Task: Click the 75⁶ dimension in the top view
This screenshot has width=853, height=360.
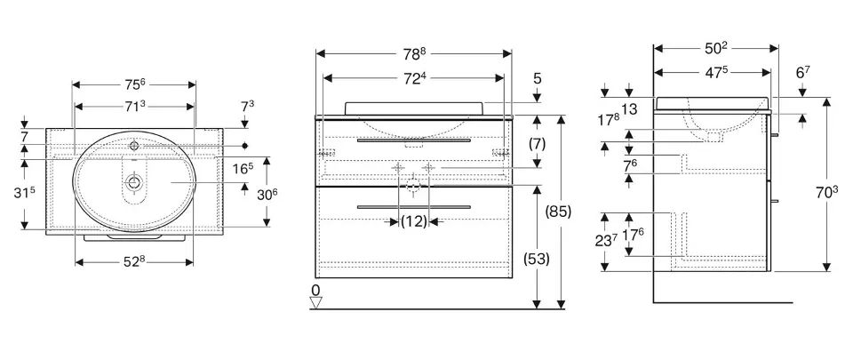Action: click(x=134, y=85)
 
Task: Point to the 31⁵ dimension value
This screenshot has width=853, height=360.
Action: click(x=34, y=193)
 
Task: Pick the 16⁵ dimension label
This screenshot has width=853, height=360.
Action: click(x=243, y=167)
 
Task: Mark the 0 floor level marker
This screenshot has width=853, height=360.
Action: click(x=316, y=290)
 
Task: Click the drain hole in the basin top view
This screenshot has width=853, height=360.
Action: click(x=134, y=181)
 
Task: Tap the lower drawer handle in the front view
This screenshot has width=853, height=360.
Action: click(x=413, y=206)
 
